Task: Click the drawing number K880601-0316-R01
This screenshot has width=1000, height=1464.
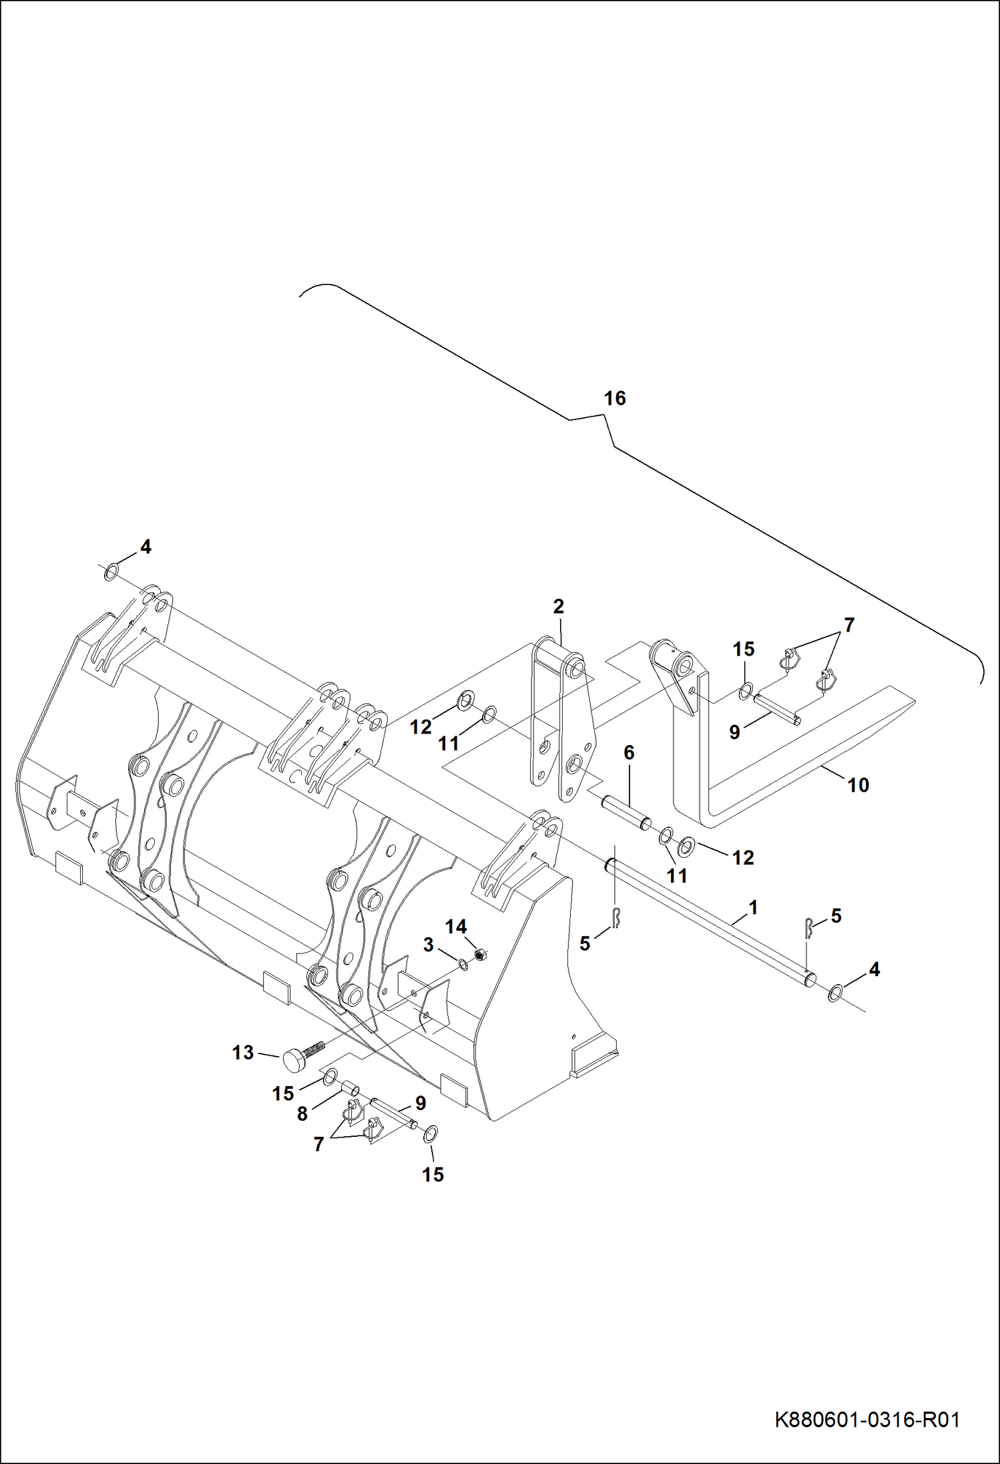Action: point(867,1419)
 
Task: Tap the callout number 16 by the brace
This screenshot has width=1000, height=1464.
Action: point(615,399)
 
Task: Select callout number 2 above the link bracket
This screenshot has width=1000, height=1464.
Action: point(559,606)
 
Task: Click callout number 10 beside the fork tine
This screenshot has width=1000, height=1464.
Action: point(858,785)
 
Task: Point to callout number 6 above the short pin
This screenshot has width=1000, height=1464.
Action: point(629,752)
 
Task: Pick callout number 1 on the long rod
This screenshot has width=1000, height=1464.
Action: point(753,907)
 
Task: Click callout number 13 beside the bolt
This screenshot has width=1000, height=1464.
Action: point(243,1053)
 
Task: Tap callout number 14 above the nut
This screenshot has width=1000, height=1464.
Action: point(456,927)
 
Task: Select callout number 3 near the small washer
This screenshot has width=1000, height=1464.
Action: point(429,945)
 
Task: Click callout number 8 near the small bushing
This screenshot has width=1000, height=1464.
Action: point(302,1114)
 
